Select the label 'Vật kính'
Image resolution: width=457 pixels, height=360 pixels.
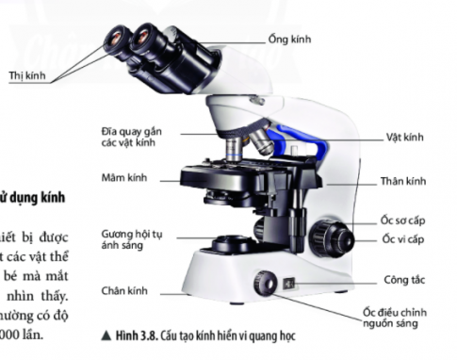pyautogui.click(x=405, y=137)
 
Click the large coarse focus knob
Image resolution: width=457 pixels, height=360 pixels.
pyautogui.click(x=330, y=232)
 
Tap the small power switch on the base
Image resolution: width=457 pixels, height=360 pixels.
pyautogui.click(x=288, y=281)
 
